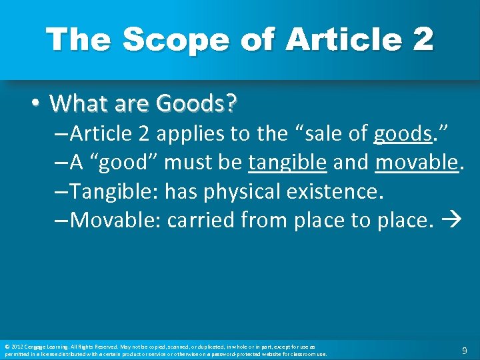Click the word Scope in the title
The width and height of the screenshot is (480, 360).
click(159, 40)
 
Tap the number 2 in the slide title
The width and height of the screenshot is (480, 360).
click(422, 40)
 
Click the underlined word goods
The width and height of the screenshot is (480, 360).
click(403, 135)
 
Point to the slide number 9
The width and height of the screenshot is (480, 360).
click(464, 350)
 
